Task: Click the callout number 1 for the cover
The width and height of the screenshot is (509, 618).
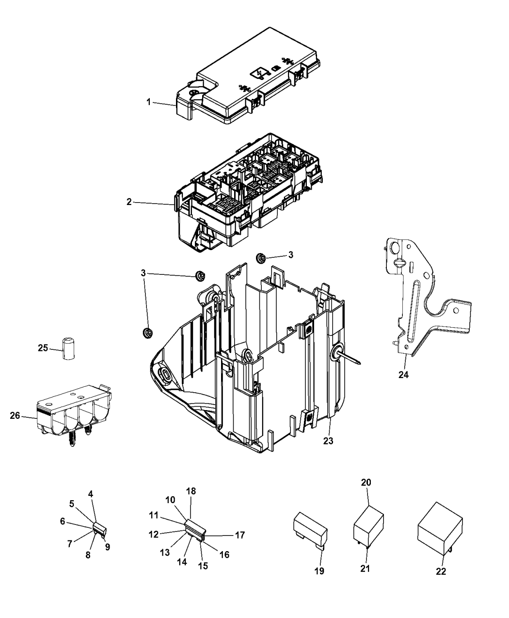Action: coord(149,102)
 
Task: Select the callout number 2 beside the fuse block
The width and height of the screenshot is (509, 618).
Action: coord(129,202)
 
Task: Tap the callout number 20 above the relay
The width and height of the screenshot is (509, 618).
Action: coord(366,482)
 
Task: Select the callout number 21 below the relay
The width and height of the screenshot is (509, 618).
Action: coord(365,569)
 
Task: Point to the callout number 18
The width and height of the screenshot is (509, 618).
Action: coord(191,491)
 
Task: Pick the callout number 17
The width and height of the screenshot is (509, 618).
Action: coord(240,535)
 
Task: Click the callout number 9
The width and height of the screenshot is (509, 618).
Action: coord(108,547)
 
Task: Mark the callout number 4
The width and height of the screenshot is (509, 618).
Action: coord(91,494)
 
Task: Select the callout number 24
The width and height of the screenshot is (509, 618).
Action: coord(403,374)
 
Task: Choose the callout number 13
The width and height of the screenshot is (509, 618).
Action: coord(166,553)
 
